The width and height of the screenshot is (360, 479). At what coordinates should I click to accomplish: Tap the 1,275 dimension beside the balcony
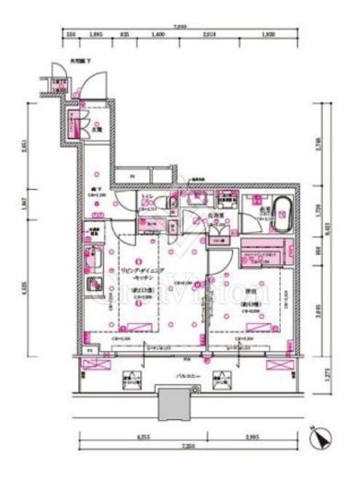tap(328, 375)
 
